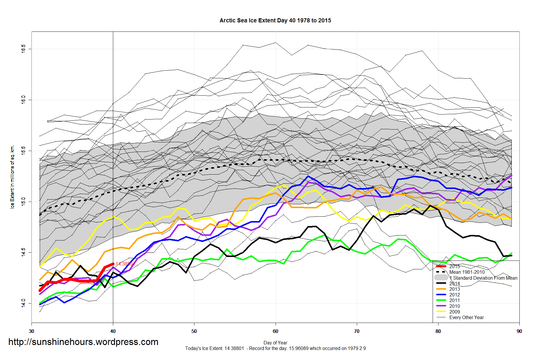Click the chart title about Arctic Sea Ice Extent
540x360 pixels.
pos(275,21)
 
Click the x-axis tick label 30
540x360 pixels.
pos(31,331)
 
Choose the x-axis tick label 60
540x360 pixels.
pos(275,331)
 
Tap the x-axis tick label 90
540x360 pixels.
pos(519,331)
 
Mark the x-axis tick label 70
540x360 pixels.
pos(356,331)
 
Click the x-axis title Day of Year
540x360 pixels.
pos(275,343)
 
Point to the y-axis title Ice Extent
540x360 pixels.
pos(12,177)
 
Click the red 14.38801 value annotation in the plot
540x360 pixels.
pos(125,264)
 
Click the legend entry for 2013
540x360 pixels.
pos(454,289)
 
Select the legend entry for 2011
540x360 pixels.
pos(454,300)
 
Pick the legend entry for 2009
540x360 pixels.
pos(454,312)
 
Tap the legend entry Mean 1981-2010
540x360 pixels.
pos(467,272)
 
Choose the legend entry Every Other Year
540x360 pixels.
pos(466,317)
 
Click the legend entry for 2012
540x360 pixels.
pos(454,295)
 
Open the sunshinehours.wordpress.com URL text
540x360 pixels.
pos(83,342)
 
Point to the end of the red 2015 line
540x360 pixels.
pos(113,264)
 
